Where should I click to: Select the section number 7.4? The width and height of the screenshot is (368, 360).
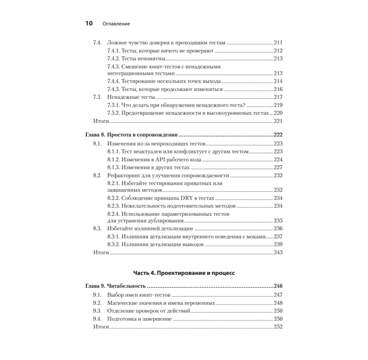97,43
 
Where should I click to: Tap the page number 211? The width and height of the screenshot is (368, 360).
278,43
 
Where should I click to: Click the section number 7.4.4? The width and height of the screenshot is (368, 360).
114,81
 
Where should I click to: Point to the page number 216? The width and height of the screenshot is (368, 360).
278,89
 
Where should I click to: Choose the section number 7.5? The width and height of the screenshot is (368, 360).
97,97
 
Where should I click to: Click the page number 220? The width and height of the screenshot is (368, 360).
278,113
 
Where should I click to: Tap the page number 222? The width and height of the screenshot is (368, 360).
278,135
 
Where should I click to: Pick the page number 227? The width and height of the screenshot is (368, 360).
278,167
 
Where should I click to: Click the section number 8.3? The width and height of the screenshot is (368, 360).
97,229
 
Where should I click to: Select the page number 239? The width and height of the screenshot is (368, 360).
278,244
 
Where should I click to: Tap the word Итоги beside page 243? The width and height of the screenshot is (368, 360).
101,253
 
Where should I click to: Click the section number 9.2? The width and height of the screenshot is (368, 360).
97,303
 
